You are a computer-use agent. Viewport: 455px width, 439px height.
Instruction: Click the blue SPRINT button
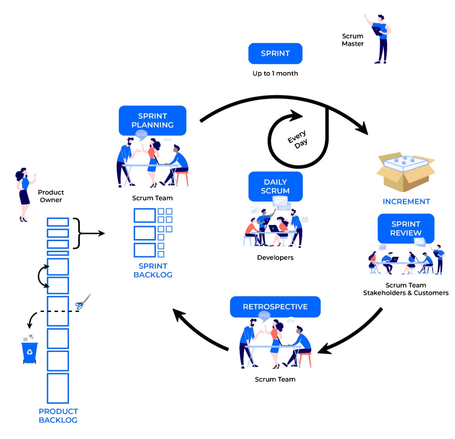coord(275,53)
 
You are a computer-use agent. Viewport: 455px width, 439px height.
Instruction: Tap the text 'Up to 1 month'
coord(275,73)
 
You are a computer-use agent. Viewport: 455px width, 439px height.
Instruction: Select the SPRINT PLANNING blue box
coord(152,120)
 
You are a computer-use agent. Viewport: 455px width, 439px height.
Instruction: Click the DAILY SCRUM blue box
coord(275,186)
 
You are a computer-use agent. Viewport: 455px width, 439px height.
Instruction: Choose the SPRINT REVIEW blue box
coord(406,229)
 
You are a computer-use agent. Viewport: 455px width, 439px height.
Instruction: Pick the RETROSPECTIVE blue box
coord(275,307)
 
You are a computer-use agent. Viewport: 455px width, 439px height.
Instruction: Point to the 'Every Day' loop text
coord(298,139)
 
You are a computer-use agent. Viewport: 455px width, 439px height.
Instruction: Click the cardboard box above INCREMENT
coord(405,172)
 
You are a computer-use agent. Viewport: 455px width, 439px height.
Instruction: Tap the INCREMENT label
coord(406,202)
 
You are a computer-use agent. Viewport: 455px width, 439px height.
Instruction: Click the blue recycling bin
coord(30,352)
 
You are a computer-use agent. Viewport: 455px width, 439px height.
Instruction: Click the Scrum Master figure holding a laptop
coord(380,39)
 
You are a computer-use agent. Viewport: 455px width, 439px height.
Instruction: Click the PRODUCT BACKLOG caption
coord(58,416)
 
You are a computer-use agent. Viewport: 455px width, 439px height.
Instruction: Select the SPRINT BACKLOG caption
coord(153,270)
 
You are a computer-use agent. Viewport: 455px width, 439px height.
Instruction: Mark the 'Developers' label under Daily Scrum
coord(275,258)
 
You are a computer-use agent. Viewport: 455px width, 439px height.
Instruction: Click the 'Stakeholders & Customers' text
coord(406,293)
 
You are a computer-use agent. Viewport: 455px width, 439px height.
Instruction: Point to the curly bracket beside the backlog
coord(78,233)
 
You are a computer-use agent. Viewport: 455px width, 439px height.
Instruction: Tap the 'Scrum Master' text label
coord(352,40)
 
